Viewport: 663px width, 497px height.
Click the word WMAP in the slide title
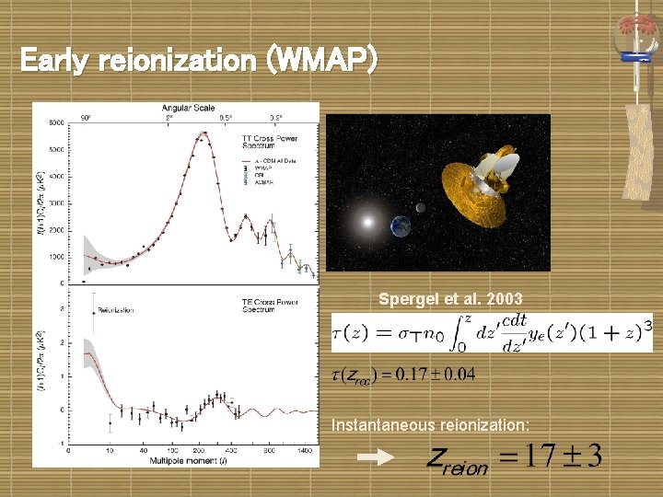pyautogui.click(x=322, y=61)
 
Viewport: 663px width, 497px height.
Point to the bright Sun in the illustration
pyautogui.click(x=367, y=221)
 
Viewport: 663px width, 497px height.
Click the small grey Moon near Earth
pyautogui.click(x=421, y=208)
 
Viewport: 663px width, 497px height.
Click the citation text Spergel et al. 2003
pyautogui.click(x=450, y=299)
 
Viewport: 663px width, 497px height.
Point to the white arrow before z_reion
pyautogui.click(x=375, y=456)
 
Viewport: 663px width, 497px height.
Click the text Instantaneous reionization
pyautogui.click(x=430, y=424)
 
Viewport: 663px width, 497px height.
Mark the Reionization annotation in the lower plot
pyautogui.click(x=114, y=310)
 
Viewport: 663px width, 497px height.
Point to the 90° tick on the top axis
pyautogui.click(x=85, y=118)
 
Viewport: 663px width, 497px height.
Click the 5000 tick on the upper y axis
pyautogui.click(x=57, y=149)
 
